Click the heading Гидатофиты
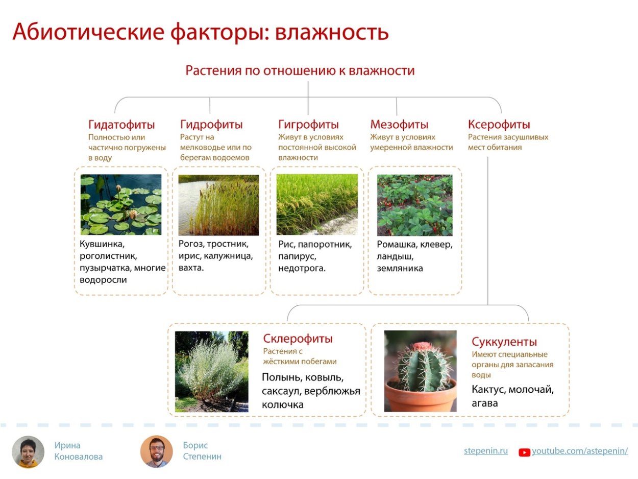[x=121, y=125]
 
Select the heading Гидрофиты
[x=211, y=125]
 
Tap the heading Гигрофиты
[x=308, y=125]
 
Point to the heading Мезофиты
[x=399, y=125]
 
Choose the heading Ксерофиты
[x=499, y=125]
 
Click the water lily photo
[x=121, y=205]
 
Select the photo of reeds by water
[x=218, y=205]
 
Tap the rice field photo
[x=317, y=205]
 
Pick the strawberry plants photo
[x=414, y=205]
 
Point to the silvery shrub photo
[x=212, y=371]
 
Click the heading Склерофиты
[x=298, y=339]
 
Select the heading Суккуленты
[x=504, y=342]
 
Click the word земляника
[x=400, y=268]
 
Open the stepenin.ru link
[x=485, y=451]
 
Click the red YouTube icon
[x=524, y=452]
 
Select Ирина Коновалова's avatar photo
[x=28, y=451]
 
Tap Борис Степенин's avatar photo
[x=157, y=451]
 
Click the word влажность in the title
[x=332, y=32]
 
